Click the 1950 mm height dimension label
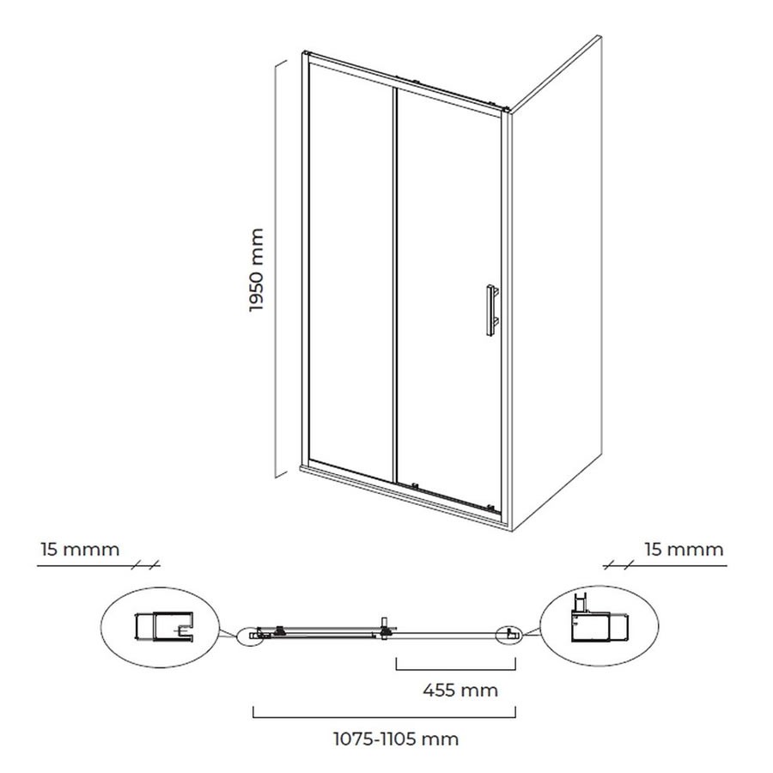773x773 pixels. [257, 270]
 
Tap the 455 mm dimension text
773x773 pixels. [460, 691]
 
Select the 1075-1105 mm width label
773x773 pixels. [396, 740]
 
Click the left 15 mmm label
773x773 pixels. [80, 549]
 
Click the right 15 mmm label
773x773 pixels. [685, 549]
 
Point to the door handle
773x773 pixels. [491, 310]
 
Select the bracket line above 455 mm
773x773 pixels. [456, 669]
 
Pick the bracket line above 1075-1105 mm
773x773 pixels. [384, 717]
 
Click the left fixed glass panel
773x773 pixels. [351, 271]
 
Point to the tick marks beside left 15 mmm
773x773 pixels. [146, 565]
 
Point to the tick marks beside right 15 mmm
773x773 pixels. [617, 565]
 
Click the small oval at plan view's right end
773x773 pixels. [510, 635]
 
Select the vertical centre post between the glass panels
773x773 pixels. [395, 285]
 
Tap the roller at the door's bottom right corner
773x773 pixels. [490, 506]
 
